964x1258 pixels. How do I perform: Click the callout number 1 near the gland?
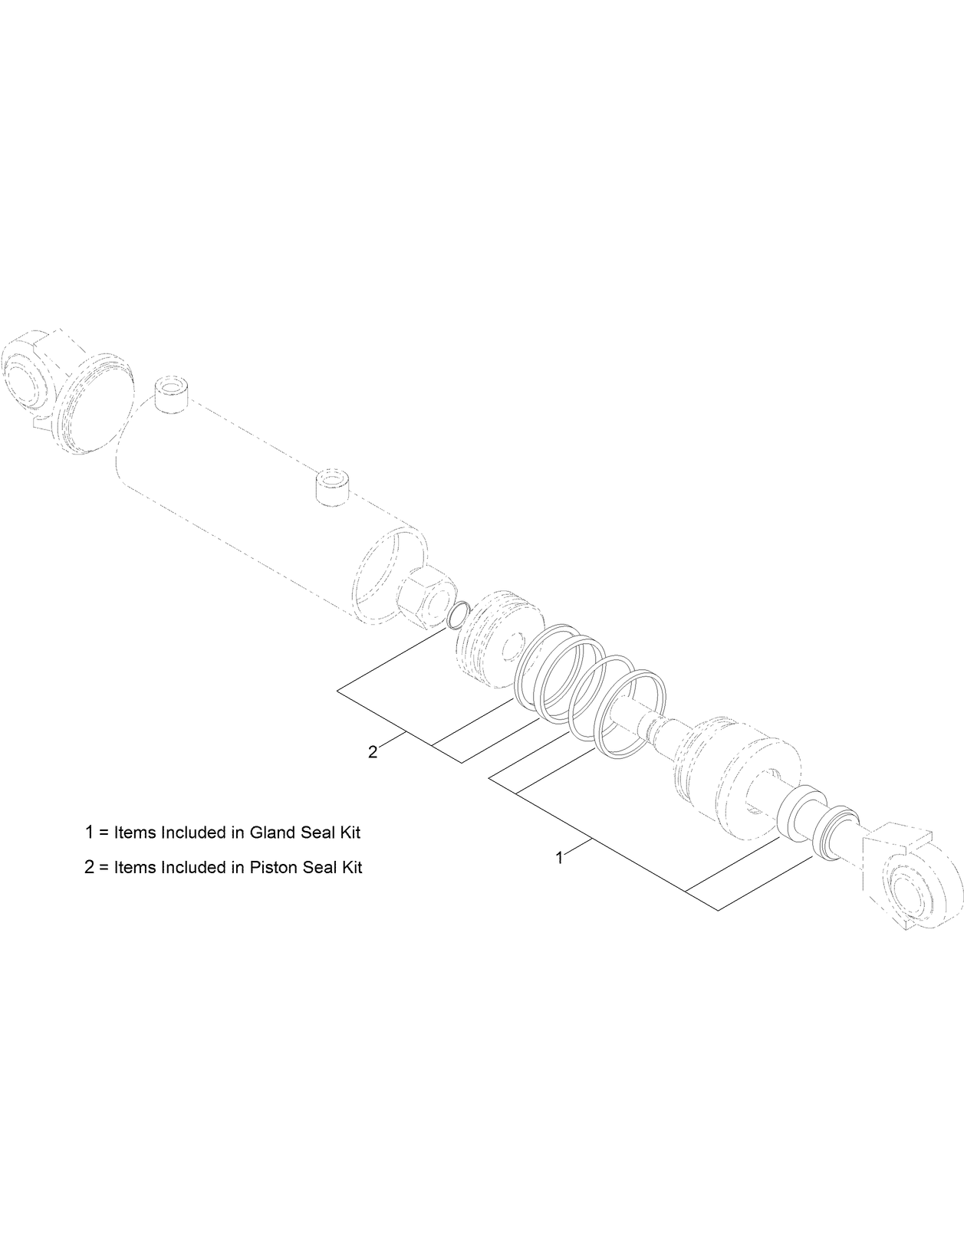pyautogui.click(x=559, y=858)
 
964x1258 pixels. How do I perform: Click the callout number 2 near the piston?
pyautogui.click(x=373, y=752)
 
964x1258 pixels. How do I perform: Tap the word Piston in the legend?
pyautogui.click(x=275, y=868)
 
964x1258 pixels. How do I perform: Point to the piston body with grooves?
pyautogui.click(x=491, y=632)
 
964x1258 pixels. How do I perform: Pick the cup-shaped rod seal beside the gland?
pyautogui.click(x=801, y=813)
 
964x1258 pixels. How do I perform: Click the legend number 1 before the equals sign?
pyautogui.click(x=90, y=833)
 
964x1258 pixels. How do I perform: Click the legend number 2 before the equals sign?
pyautogui.click(x=90, y=868)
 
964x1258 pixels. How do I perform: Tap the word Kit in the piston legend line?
pyautogui.click(x=350, y=868)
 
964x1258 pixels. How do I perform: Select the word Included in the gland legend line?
pyautogui.click(x=192, y=833)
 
